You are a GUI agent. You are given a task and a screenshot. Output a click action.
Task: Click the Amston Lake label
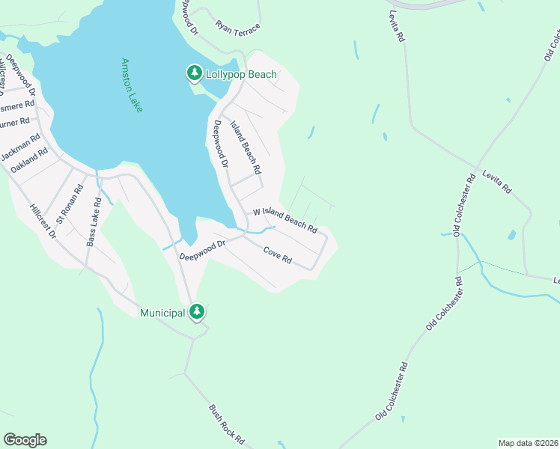click(x=132, y=85)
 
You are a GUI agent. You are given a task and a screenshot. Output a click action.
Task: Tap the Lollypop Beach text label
click(x=242, y=74)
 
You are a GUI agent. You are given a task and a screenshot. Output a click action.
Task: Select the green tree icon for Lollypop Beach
click(x=194, y=73)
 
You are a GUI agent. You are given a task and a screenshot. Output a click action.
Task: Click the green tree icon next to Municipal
click(x=197, y=311)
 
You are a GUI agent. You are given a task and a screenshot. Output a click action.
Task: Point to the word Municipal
click(x=162, y=312)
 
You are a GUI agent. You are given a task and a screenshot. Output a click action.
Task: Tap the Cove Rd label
click(x=277, y=257)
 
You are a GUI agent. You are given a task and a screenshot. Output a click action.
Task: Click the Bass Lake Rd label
click(x=94, y=222)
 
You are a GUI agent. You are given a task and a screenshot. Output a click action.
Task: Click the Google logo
click(x=25, y=440)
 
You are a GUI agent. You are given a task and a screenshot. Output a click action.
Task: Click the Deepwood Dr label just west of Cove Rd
click(x=202, y=250)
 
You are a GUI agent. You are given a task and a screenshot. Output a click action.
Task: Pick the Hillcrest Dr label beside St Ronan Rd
click(x=43, y=222)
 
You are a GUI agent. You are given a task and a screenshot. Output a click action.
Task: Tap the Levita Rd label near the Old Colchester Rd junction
click(x=496, y=180)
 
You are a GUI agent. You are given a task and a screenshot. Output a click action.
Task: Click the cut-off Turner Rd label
click(x=14, y=120)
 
